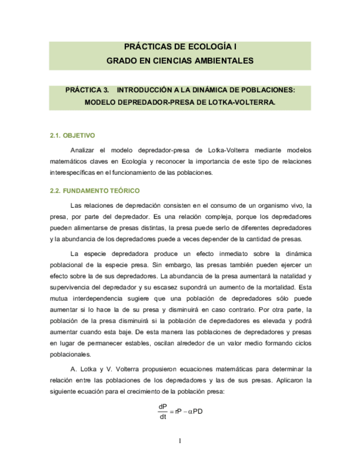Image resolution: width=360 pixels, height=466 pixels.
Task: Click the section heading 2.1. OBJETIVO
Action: [x=73, y=135]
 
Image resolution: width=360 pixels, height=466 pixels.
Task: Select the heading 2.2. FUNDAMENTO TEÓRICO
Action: [x=95, y=191]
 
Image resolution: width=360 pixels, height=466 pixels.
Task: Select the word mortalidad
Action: [x=281, y=286]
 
